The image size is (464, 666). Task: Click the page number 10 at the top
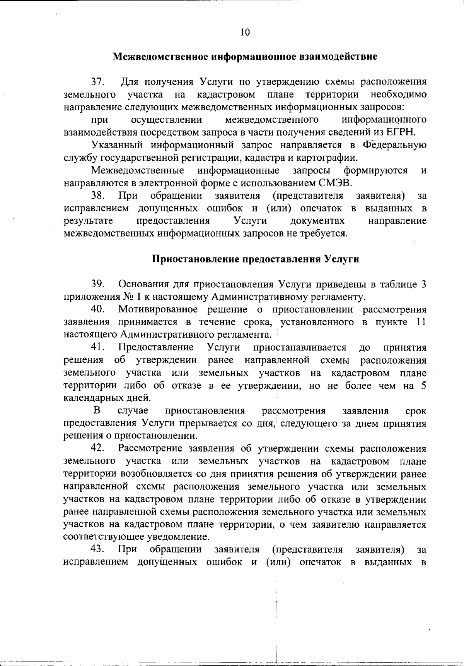[245, 32]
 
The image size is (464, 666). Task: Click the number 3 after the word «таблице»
[424, 284]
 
